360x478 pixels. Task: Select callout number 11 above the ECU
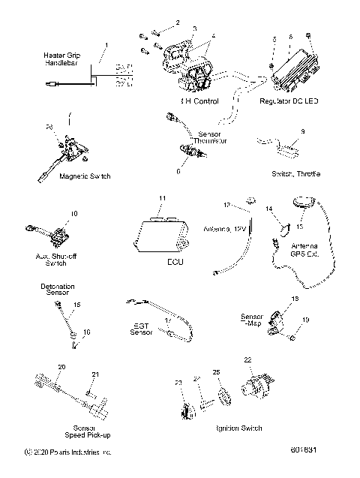161,197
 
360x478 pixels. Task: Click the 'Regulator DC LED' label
288,100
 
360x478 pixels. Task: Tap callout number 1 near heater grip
106,46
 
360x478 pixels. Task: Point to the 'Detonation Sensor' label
57,289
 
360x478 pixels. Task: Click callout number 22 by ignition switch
247,359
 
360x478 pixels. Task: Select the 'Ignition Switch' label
238,428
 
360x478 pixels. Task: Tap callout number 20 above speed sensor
61,366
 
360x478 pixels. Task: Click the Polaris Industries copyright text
69,452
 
